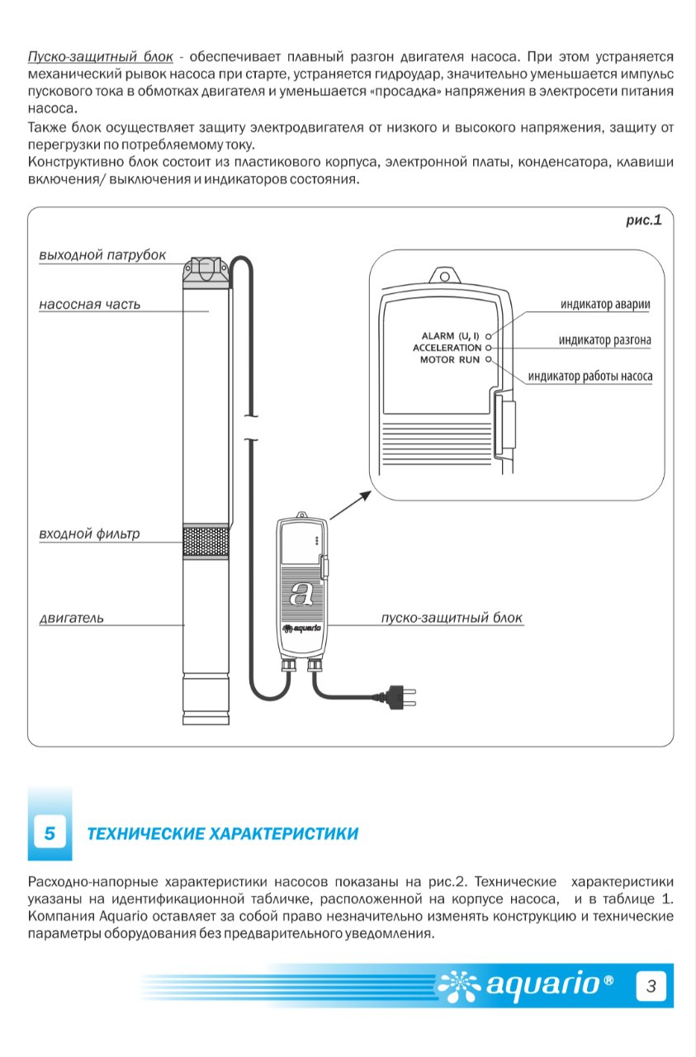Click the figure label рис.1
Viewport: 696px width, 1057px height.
coord(644,220)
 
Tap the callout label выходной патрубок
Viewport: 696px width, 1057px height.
coord(102,255)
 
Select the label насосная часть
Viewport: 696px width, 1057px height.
coord(90,305)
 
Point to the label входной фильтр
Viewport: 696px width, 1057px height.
coord(89,533)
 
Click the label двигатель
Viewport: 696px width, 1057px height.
coord(71,618)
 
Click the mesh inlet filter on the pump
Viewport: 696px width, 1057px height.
coord(206,542)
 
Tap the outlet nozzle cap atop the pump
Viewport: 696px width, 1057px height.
coord(206,273)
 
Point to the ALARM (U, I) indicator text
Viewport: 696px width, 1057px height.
coord(450,336)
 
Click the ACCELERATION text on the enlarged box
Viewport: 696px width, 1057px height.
coord(447,348)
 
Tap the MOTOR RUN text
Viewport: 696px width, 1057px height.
coord(450,359)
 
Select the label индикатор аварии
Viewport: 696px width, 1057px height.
coord(605,305)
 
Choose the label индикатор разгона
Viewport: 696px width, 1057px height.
coord(605,340)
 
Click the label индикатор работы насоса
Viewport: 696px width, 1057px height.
coord(590,376)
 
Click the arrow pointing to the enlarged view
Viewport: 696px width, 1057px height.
coord(350,505)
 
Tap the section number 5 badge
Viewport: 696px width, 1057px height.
coord(50,833)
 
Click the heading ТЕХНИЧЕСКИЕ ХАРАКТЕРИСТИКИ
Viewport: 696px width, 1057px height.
coord(223,834)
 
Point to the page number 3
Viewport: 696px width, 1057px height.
coord(651,986)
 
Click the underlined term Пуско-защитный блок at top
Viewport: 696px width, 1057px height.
coord(101,57)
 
